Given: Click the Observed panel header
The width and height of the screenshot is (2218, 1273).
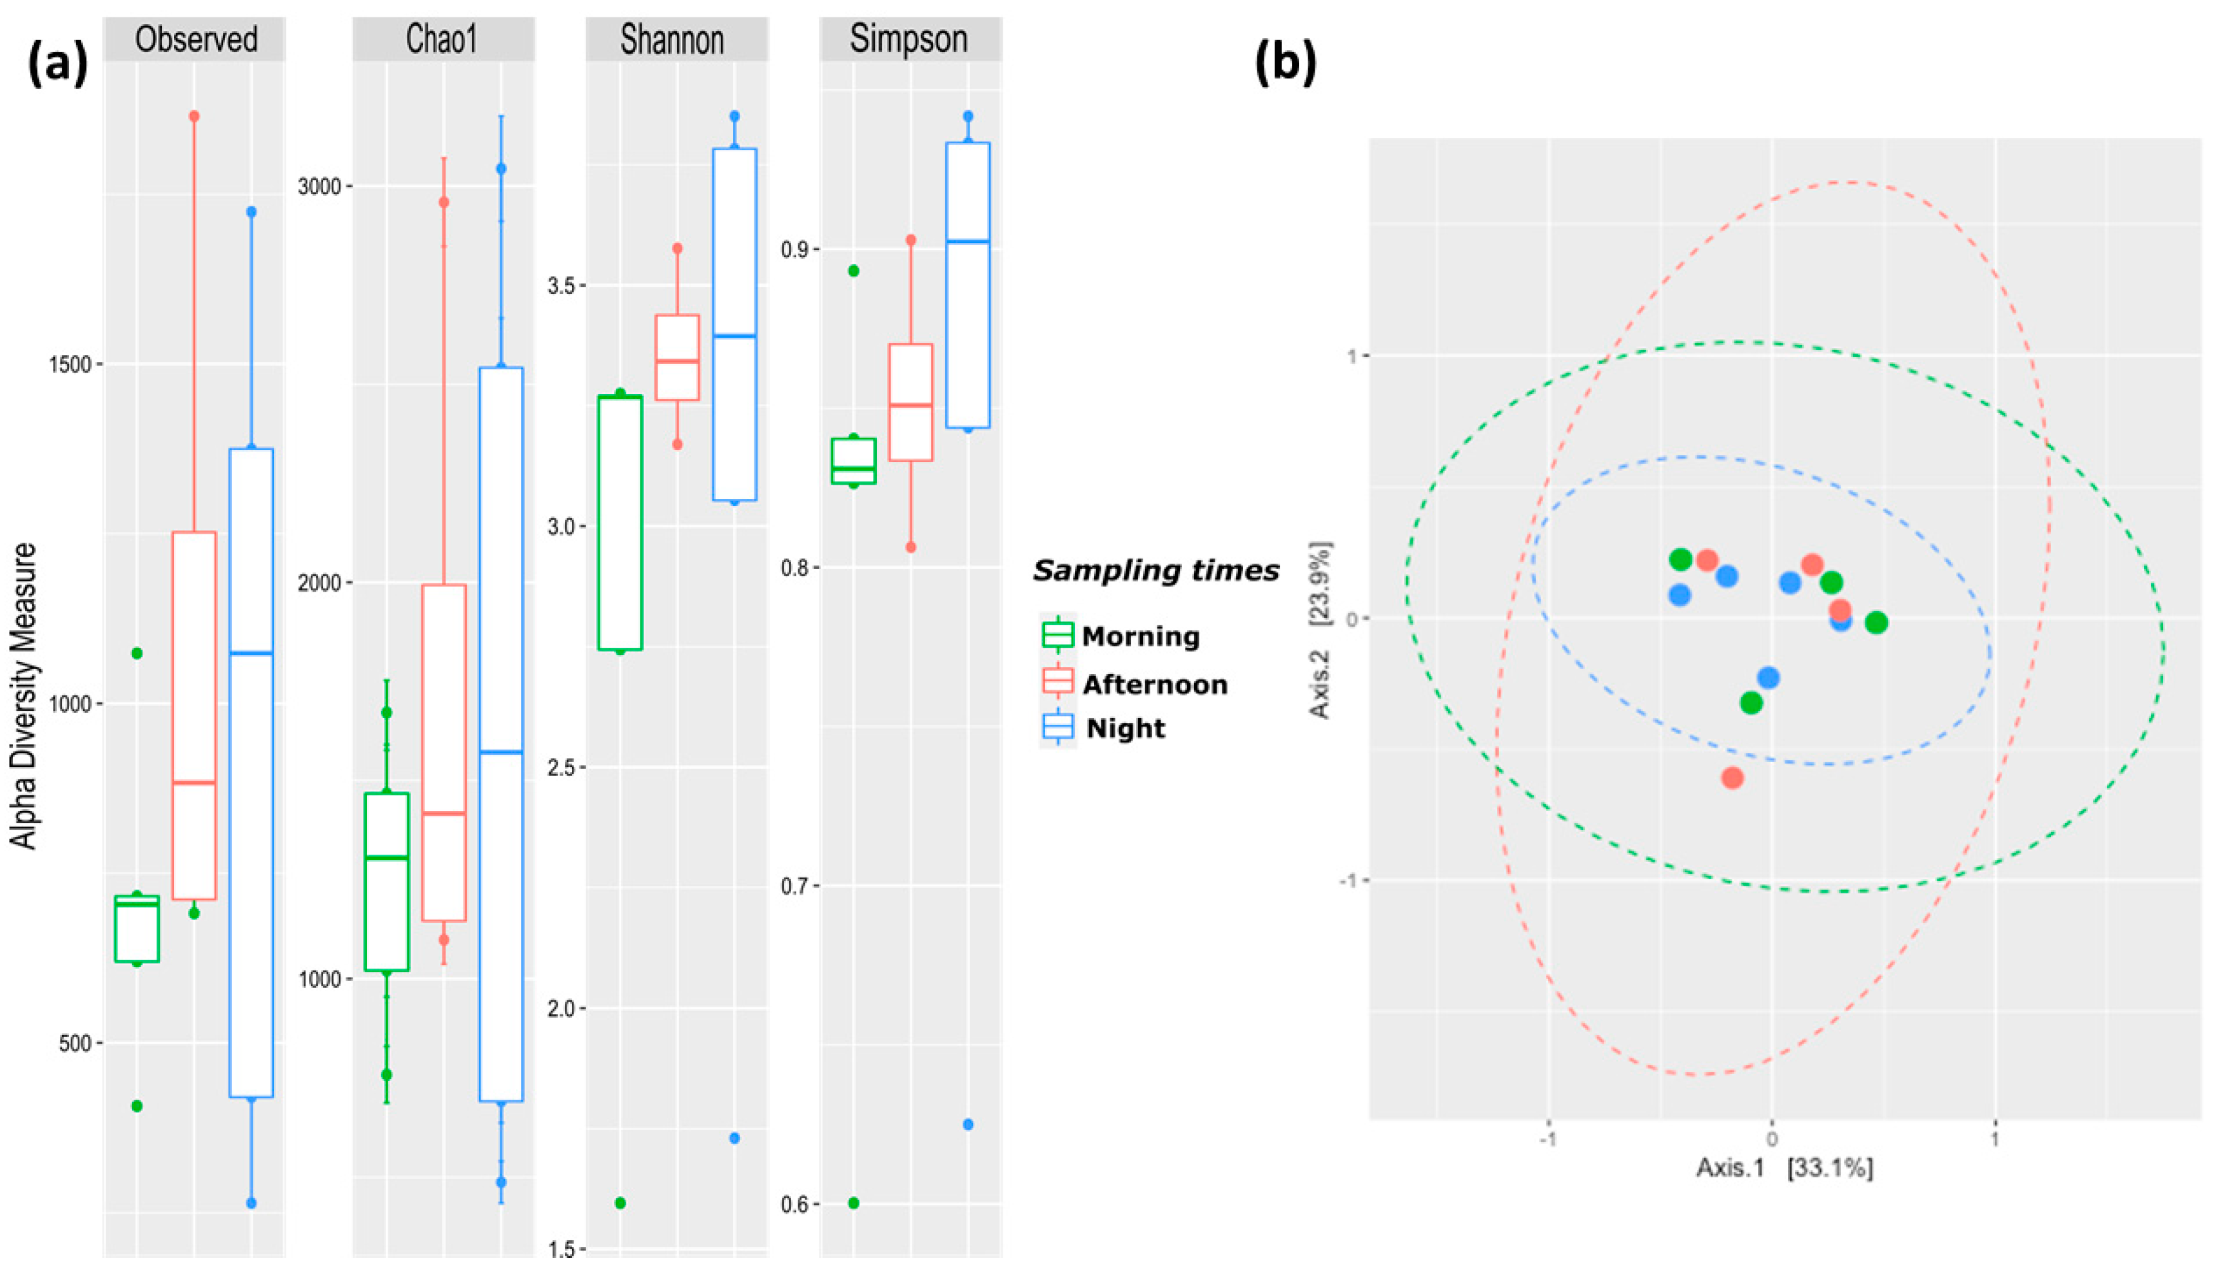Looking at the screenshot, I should click(195, 39).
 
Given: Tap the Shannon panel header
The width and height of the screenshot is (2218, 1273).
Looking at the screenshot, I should click(672, 39).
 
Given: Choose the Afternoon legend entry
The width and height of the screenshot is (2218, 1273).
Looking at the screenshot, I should click(1153, 684).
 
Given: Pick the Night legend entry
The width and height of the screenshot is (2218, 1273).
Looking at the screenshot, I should click(1124, 728).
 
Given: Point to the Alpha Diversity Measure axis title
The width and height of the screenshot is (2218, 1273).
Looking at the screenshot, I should click(25, 695).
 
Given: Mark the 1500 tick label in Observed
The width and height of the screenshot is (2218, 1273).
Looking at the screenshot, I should click(69, 365).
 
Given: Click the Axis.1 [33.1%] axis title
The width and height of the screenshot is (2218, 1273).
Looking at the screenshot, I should click(1784, 1167).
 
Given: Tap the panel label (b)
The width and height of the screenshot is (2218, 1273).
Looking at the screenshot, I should click(1285, 63).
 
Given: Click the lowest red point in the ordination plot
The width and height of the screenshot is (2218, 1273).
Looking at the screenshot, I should click(1732, 777).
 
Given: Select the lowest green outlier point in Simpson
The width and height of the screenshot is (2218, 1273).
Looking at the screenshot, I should click(854, 1203).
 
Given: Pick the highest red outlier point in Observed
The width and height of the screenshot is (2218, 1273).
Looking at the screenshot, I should click(194, 116).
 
